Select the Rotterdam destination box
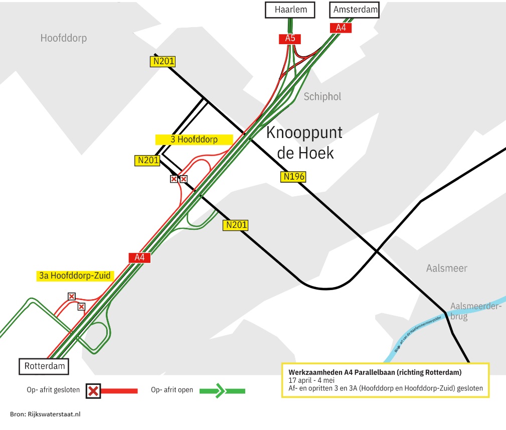45,366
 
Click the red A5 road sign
290,39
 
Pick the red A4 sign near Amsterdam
341,28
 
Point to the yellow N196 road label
294,177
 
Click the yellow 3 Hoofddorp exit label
194,139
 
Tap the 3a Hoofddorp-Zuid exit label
75,275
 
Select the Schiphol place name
322,97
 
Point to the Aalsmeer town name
446,268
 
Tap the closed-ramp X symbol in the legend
93,390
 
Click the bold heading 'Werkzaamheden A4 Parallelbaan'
375,372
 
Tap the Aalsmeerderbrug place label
475,311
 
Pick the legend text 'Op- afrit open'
172,390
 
